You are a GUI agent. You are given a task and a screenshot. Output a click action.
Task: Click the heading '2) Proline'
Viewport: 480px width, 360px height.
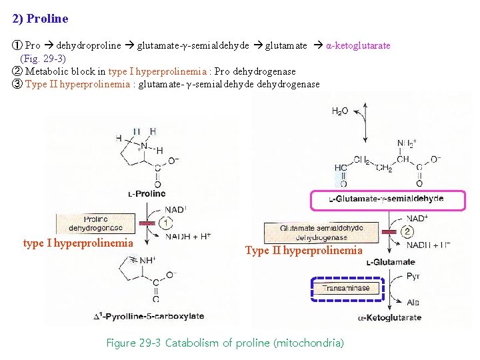(40, 19)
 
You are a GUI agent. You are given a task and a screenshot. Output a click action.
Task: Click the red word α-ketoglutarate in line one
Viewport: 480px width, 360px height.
(357, 45)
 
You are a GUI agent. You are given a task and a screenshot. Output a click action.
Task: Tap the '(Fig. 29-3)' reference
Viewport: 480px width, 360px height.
(43, 59)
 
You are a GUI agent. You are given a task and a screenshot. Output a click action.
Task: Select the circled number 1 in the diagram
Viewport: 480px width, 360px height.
(167, 223)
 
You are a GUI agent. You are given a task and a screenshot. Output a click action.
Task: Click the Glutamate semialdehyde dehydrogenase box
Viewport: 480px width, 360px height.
(322, 233)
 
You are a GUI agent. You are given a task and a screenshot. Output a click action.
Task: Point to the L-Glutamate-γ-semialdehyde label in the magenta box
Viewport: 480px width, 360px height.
(387, 199)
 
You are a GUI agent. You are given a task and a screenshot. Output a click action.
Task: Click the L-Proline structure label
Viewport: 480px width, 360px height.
(147, 194)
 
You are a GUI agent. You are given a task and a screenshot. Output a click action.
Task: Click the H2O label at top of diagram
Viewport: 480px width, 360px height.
(341, 111)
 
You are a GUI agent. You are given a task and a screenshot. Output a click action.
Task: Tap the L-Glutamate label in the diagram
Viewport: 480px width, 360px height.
(391, 262)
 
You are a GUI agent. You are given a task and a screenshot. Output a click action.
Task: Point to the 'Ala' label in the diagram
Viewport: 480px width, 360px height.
(413, 302)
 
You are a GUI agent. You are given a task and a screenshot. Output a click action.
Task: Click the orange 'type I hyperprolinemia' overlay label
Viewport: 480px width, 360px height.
(79, 243)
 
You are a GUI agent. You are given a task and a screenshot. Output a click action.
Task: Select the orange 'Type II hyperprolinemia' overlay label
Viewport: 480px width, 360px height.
(304, 251)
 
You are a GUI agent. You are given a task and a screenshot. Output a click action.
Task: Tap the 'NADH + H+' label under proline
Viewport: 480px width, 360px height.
(188, 236)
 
